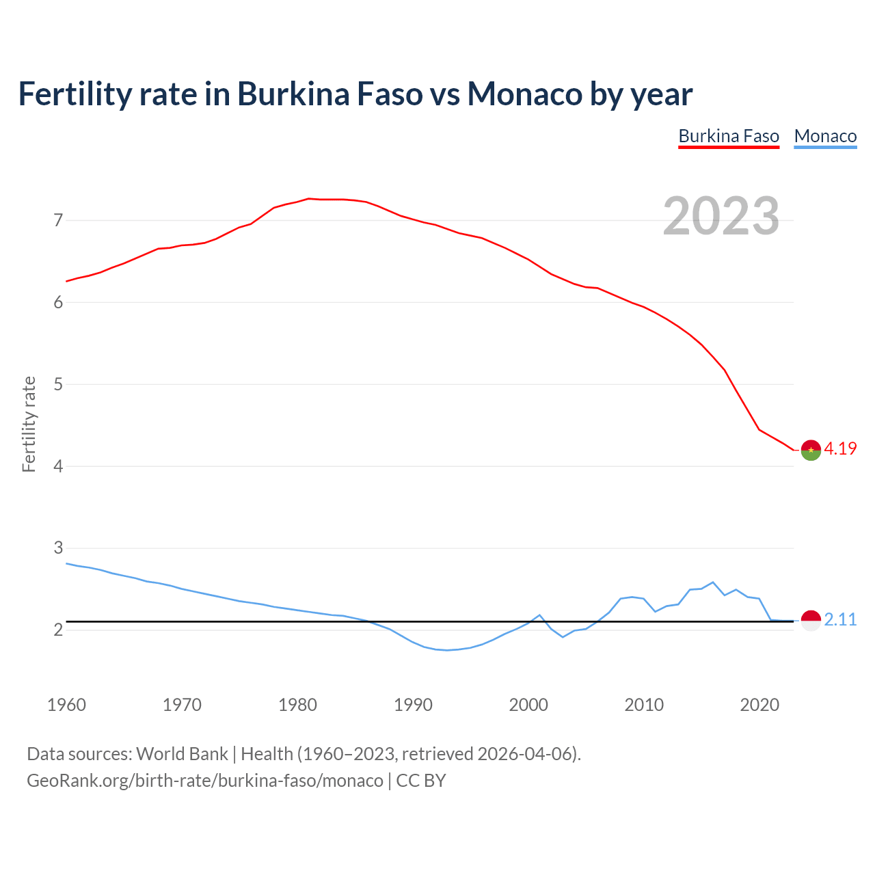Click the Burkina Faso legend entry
[729, 136]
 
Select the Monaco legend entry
[825, 136]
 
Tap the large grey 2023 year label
[721, 216]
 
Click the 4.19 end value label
[840, 448]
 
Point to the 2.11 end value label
[840, 619]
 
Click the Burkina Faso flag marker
[811, 450]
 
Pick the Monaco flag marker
[811, 620]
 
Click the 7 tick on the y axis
[58, 220]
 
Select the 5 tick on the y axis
[58, 384]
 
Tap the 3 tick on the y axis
[58, 548]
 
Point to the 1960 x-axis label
[66, 705]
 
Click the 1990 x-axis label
[413, 705]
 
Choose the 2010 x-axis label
[644, 705]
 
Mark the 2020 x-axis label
[759, 705]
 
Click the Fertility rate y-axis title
[29, 424]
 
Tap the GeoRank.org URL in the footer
[205, 781]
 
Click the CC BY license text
[421, 781]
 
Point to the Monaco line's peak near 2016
[713, 582]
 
